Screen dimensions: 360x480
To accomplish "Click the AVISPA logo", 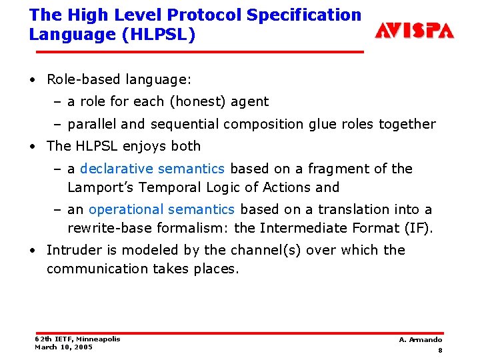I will [x=414, y=30].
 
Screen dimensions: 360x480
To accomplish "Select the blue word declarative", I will [x=117, y=169].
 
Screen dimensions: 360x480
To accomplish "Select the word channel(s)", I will [x=256, y=250].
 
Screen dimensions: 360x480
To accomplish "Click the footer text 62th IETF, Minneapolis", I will [x=77, y=339].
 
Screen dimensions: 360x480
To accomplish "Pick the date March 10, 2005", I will [x=64, y=347].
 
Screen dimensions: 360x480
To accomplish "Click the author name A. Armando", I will [x=420, y=340].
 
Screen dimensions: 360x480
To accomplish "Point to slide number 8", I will [x=440, y=351].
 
